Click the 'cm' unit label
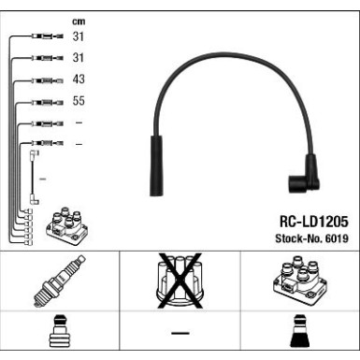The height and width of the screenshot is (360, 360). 79,22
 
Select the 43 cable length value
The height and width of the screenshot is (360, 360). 79,79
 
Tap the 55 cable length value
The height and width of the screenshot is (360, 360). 79,101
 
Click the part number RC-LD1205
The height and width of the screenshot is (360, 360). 313,222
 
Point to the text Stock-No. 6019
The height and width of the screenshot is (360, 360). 311,238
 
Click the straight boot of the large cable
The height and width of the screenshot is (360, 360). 156,166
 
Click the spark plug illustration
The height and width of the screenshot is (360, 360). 59,281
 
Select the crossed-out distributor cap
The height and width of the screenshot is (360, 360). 180,281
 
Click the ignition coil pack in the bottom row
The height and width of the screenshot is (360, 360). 300,280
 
